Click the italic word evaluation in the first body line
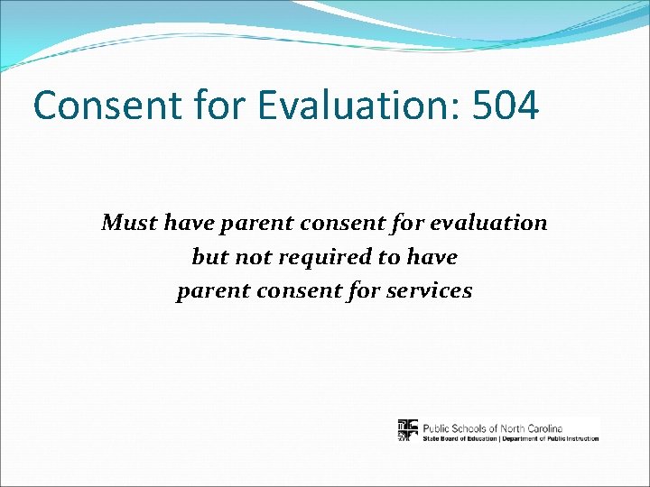click(493, 222)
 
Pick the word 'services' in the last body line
click(432, 291)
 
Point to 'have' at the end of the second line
click(432, 257)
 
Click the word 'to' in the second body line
click(388, 257)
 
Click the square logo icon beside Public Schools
click(408, 430)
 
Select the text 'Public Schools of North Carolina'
click(493, 427)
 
